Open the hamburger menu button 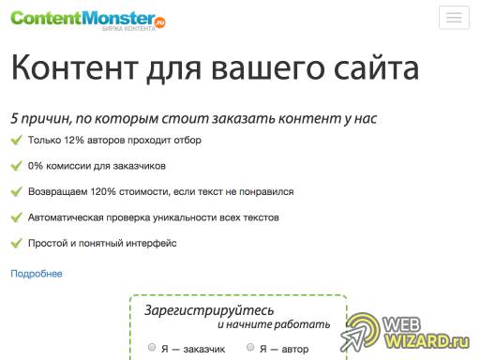coord(455,19)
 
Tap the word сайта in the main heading coord(368,68)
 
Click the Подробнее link coord(37,273)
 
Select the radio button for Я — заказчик coord(152,348)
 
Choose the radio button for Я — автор coord(250,348)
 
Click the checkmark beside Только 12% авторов coord(15,141)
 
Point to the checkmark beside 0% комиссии coord(15,166)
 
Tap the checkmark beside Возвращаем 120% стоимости coord(15,191)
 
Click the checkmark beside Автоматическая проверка coord(15,217)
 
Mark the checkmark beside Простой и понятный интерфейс coord(15,243)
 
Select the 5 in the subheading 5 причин coord(15,119)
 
